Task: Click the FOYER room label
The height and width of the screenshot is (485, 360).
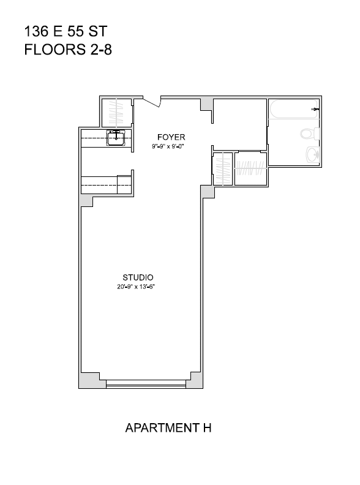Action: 171,137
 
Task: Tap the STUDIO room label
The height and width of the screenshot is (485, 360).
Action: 138,277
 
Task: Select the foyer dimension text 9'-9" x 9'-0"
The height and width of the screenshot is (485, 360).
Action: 168,146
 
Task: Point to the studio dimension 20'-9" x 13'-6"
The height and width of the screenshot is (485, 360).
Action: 136,287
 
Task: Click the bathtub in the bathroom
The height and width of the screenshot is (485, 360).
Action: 293,109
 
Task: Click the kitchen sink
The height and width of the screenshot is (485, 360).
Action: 116,138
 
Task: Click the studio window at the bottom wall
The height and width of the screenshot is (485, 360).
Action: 146,384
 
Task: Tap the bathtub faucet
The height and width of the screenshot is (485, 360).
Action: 315,109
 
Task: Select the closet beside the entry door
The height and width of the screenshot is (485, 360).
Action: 116,113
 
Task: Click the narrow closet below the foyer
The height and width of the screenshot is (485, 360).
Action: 223,169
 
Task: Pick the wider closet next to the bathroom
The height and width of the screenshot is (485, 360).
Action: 250,168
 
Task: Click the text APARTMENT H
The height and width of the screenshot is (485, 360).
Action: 168,428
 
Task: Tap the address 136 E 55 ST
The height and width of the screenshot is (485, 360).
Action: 66,32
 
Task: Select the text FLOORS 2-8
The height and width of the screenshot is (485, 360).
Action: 68,50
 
